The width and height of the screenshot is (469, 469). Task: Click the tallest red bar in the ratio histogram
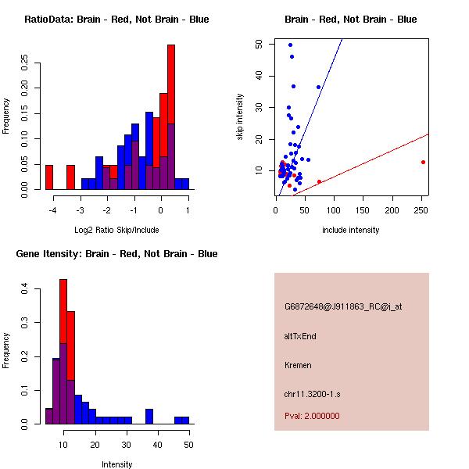[x=171, y=117]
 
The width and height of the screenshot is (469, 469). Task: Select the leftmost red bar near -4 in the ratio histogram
[x=49, y=177]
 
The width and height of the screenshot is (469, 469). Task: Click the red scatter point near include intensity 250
[x=423, y=162]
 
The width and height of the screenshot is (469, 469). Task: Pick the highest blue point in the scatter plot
[x=290, y=45]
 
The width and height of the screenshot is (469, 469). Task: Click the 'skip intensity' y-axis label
[x=240, y=117]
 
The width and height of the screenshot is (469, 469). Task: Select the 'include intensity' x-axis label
[x=351, y=230]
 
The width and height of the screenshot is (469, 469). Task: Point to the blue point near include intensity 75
[x=318, y=87]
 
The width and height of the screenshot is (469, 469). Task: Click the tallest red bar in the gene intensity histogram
[x=63, y=352]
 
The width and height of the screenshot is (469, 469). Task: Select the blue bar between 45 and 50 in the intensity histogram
[x=181, y=420]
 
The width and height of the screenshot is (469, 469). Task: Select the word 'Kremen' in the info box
[x=297, y=364]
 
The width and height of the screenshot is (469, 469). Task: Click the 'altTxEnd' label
[x=300, y=336]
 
